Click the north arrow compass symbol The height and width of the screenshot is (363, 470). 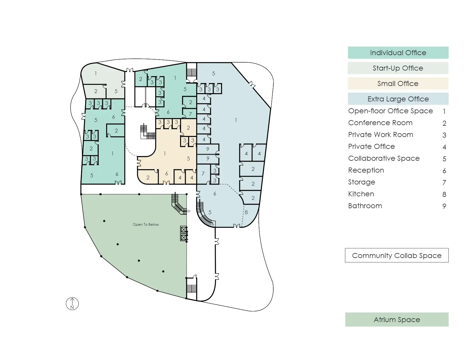click(x=72, y=304)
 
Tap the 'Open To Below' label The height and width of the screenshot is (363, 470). click(x=146, y=225)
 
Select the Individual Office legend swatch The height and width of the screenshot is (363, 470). click(x=398, y=52)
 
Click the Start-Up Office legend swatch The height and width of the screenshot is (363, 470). click(x=398, y=68)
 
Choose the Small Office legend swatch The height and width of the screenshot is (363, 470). click(x=398, y=83)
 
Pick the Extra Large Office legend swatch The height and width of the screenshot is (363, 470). click(x=398, y=99)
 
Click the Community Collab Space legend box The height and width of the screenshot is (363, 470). click(x=397, y=255)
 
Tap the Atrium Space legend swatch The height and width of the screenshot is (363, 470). click(x=397, y=319)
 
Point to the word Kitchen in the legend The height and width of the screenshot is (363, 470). click(x=361, y=194)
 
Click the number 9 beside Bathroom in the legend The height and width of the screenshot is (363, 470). click(x=444, y=206)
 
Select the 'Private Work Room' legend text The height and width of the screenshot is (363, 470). click(x=381, y=134)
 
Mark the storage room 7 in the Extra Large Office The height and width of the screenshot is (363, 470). click(x=203, y=173)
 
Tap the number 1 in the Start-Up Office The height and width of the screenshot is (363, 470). click(x=96, y=74)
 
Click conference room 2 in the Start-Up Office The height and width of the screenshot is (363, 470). click(x=95, y=91)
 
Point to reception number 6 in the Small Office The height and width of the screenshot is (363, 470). click(x=166, y=173)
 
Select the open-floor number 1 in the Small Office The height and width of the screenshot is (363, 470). click(x=165, y=154)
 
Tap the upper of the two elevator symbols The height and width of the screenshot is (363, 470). click(x=184, y=229)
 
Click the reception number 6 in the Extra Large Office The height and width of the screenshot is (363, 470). click(x=215, y=194)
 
